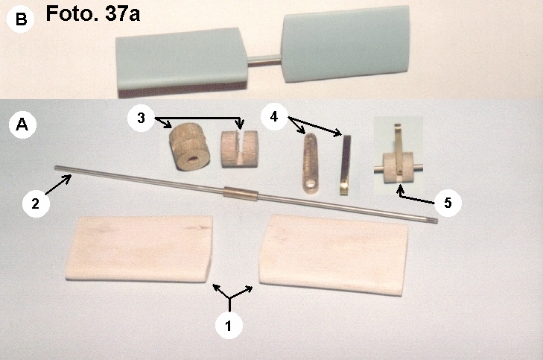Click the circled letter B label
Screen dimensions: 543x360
[20, 19]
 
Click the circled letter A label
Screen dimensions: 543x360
[22, 124]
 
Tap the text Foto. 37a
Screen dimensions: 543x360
[93, 14]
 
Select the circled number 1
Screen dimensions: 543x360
[228, 326]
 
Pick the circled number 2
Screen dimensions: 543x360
[36, 203]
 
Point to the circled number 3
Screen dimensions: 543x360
[141, 118]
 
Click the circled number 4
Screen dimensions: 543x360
[274, 117]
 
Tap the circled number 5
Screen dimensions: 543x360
[448, 203]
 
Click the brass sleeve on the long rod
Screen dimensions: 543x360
[241, 194]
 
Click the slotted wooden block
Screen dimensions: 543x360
[239, 149]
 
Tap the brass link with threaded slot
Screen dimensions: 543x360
[310, 164]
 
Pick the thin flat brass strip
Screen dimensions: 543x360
[345, 165]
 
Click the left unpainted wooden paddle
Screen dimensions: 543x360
[139, 248]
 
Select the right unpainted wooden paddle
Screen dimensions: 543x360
[334, 255]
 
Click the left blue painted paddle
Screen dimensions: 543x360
[182, 60]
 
